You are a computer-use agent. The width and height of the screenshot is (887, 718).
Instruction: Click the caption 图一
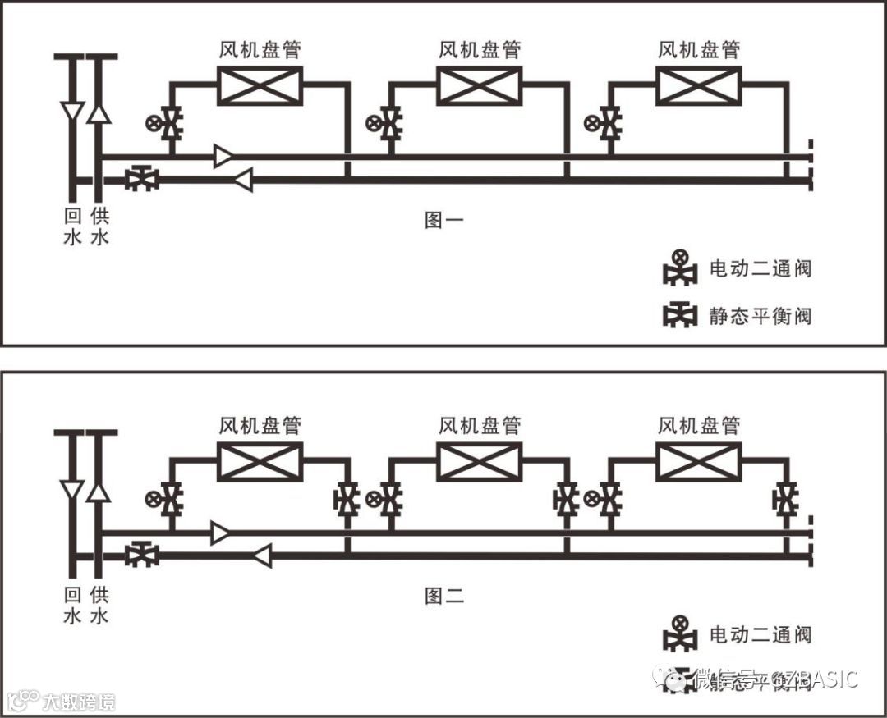coord(443,220)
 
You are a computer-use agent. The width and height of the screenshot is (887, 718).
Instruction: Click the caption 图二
coord(443,597)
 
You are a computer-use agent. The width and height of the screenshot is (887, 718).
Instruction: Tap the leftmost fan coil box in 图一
coord(260,86)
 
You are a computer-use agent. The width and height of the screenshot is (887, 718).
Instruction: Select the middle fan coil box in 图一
coord(479,86)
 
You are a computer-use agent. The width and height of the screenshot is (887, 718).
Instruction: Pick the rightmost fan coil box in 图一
coord(698,86)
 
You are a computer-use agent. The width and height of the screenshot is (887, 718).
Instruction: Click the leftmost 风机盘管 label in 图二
coord(260,426)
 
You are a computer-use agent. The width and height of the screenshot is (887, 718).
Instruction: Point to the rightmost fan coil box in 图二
coord(698,461)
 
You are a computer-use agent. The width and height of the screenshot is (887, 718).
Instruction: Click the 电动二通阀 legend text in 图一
coord(761,269)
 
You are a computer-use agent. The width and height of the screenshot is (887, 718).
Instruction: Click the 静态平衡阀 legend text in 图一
coord(761,316)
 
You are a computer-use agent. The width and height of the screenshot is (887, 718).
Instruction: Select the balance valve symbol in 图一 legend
coord(679,316)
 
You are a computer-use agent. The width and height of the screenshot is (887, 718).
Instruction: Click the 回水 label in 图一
coord(73,226)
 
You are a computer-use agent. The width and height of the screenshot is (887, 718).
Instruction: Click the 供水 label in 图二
coord(99,603)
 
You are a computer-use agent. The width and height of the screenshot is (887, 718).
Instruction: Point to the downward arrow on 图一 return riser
coord(73,112)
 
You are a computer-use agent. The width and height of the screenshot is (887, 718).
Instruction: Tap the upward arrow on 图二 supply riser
coord(99,491)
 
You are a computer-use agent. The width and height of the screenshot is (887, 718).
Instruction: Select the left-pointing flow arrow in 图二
coord(262,556)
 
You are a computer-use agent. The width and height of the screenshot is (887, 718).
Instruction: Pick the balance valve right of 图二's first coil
coord(346,499)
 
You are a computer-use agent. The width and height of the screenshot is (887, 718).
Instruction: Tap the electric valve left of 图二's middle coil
coord(388,499)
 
